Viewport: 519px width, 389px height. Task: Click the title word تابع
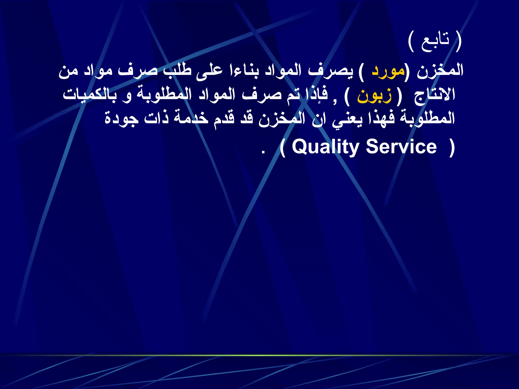[x=435, y=42]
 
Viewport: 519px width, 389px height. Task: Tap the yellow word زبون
[x=374, y=96]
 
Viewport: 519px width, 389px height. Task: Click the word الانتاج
[x=435, y=96]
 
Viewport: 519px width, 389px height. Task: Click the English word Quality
[x=325, y=147]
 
